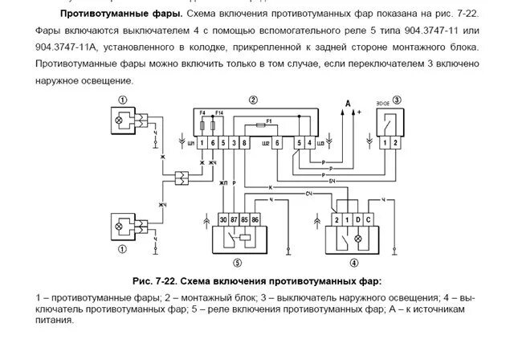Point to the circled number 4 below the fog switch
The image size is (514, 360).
(x=354, y=262)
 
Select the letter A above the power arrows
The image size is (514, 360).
(x=347, y=103)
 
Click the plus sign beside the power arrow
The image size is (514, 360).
(x=360, y=113)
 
